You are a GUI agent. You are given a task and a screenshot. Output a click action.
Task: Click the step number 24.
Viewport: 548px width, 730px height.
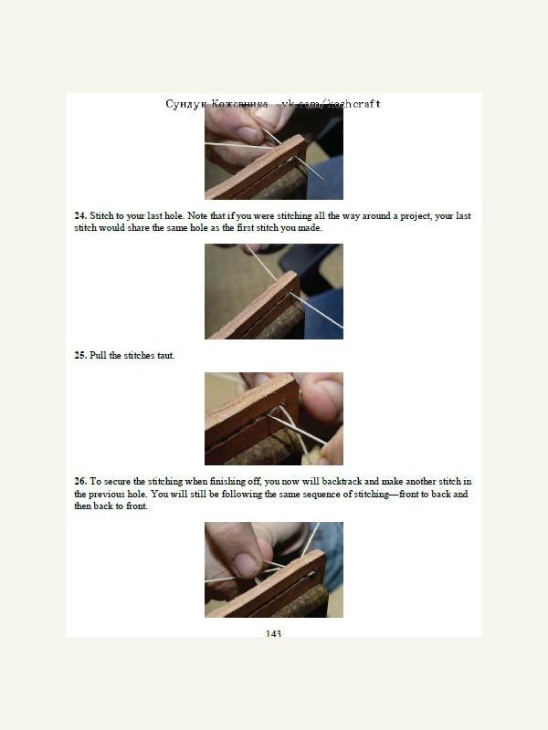80,216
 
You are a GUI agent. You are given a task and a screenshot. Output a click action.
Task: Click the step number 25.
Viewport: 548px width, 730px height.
80,355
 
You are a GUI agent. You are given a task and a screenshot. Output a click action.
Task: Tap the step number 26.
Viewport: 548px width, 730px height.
80,482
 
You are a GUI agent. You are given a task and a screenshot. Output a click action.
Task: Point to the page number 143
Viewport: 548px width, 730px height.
273,633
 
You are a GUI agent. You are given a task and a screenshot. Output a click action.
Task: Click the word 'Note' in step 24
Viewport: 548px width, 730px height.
197,216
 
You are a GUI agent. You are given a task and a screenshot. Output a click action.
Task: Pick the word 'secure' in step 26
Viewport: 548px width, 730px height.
118,482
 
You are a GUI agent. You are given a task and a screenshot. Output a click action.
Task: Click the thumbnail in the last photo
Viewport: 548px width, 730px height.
245,564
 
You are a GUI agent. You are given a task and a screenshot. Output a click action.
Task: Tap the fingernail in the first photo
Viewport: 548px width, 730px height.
246,135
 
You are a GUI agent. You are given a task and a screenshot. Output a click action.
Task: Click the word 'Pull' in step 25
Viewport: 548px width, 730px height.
98,355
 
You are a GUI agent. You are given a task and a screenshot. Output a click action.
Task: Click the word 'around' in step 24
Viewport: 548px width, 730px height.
376,216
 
